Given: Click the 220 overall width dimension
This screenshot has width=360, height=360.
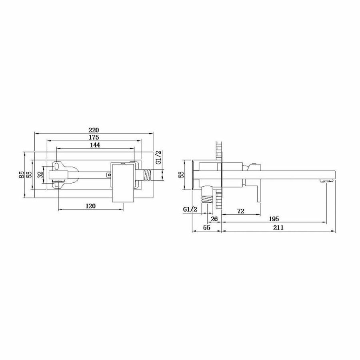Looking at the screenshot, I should [94, 130].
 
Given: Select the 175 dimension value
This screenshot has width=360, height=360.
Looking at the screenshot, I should [94, 138].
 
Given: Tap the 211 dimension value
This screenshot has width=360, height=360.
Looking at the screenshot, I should [278, 228].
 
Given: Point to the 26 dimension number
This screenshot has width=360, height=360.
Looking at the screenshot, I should [214, 219].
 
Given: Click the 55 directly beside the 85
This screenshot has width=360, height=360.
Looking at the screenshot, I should [29, 175].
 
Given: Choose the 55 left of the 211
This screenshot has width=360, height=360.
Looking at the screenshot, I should [207, 228].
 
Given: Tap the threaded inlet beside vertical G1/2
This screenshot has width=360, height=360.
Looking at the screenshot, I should [148, 175].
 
